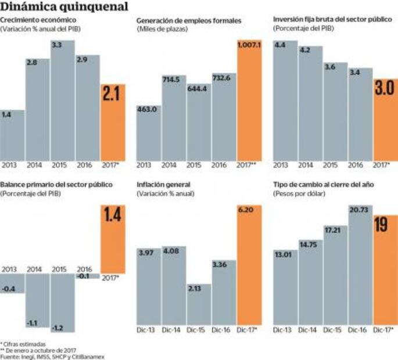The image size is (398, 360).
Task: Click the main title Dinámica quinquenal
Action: [x=64, y=7]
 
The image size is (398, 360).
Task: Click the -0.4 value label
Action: [x=10, y=287]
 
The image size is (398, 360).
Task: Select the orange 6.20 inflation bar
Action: [x=250, y=267]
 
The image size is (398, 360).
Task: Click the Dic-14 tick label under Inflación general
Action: [x=173, y=330]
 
